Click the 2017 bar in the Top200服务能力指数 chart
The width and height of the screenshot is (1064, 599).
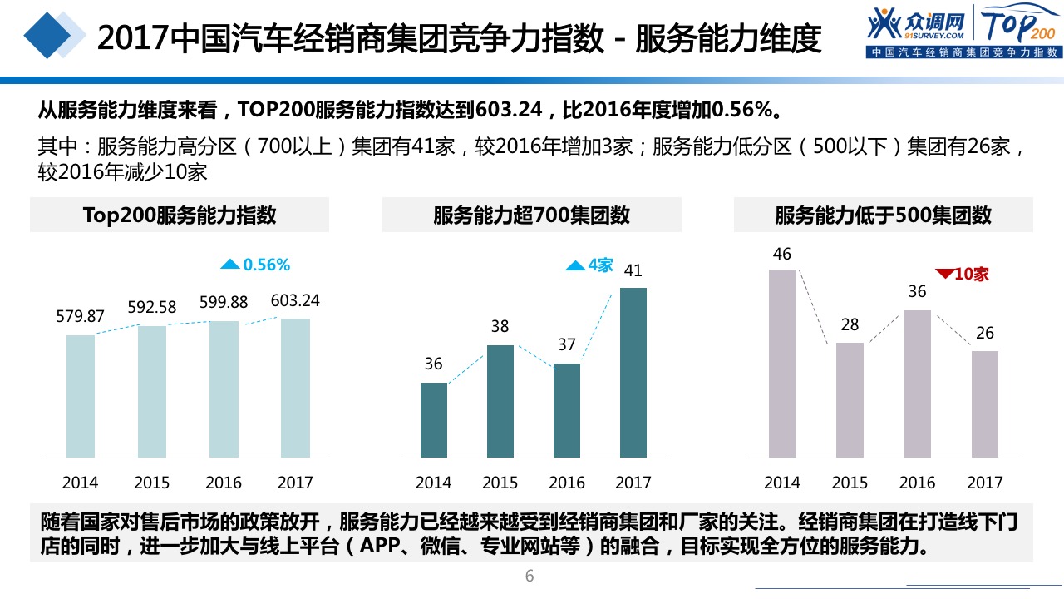[x=295, y=388]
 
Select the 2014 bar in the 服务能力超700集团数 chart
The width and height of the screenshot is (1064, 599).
[x=434, y=419]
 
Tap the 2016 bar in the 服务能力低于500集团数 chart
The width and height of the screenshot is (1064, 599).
[x=917, y=384]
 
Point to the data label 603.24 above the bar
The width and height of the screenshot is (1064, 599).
[x=295, y=300]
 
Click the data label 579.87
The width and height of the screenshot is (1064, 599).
[x=81, y=316]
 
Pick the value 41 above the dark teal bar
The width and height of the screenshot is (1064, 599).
[x=633, y=270]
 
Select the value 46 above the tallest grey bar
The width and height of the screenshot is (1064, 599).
[x=781, y=254]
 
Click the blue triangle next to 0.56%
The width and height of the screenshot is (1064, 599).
[x=229, y=265]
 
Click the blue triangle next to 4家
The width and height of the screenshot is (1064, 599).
[x=575, y=265]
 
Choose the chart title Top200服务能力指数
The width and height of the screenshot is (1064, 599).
[x=180, y=215]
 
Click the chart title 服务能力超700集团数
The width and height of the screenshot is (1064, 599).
[x=531, y=215]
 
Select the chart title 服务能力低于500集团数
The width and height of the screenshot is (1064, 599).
[x=883, y=215]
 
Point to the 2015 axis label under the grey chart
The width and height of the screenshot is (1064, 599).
[x=850, y=483]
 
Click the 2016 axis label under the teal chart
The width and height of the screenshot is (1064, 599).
[x=567, y=483]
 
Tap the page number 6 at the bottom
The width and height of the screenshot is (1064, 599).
[x=530, y=577]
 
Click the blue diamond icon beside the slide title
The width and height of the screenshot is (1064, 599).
[x=52, y=36]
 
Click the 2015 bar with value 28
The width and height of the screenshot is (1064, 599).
[x=850, y=399]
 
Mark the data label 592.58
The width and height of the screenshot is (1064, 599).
[x=152, y=307]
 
